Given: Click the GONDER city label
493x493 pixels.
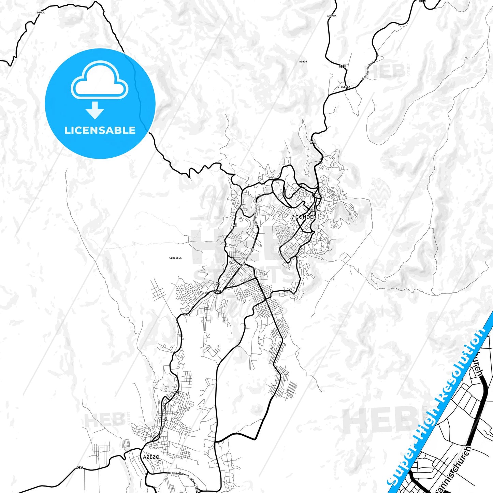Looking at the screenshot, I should click(306, 217).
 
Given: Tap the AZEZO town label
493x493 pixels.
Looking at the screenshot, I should click(151, 457).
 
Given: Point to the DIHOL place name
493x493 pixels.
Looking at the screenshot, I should click(41, 13).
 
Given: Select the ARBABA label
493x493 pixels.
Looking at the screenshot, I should click(332, 16).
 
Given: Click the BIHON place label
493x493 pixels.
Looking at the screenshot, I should click(303, 62).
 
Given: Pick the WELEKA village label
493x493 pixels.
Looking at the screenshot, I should click(345, 87).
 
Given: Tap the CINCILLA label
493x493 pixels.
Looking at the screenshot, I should click(175, 258).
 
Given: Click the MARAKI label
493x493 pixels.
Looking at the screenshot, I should click(217, 291).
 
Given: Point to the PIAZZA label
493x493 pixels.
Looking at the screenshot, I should click(315, 210).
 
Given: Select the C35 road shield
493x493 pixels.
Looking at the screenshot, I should click(342, 67).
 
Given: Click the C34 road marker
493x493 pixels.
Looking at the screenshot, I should click(80, 467).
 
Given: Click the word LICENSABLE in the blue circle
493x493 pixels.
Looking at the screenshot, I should click(100, 130).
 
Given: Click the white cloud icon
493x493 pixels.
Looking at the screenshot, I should click(99, 81).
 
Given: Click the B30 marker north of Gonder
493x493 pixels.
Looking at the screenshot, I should click(313, 142).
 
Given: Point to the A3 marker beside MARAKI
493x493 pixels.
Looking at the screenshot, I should click(218, 284).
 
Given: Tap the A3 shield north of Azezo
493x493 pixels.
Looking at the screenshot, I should click(177, 393).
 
